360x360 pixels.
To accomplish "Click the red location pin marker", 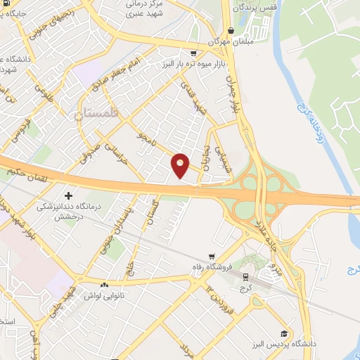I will point(180,165).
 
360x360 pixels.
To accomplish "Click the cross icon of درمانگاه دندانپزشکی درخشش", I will point(68,195).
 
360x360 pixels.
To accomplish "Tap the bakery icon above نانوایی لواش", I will point(104,285).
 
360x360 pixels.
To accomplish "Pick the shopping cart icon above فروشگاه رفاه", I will point(212,257).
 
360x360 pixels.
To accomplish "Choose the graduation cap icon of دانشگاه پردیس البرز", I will point(283,334).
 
